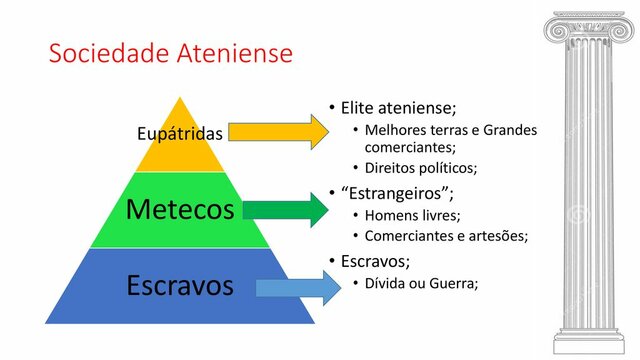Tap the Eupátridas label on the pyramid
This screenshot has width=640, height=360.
(180, 132)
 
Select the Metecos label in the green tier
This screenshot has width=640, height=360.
(180, 210)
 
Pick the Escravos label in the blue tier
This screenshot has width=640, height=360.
(180, 285)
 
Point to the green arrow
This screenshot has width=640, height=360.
(285, 209)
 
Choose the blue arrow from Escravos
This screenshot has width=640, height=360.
(291, 288)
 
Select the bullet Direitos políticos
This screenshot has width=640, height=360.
(421, 167)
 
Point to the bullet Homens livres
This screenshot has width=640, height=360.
(412, 215)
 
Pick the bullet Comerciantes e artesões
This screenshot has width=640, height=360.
(446, 236)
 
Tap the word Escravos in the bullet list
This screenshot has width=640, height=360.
(375, 260)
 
